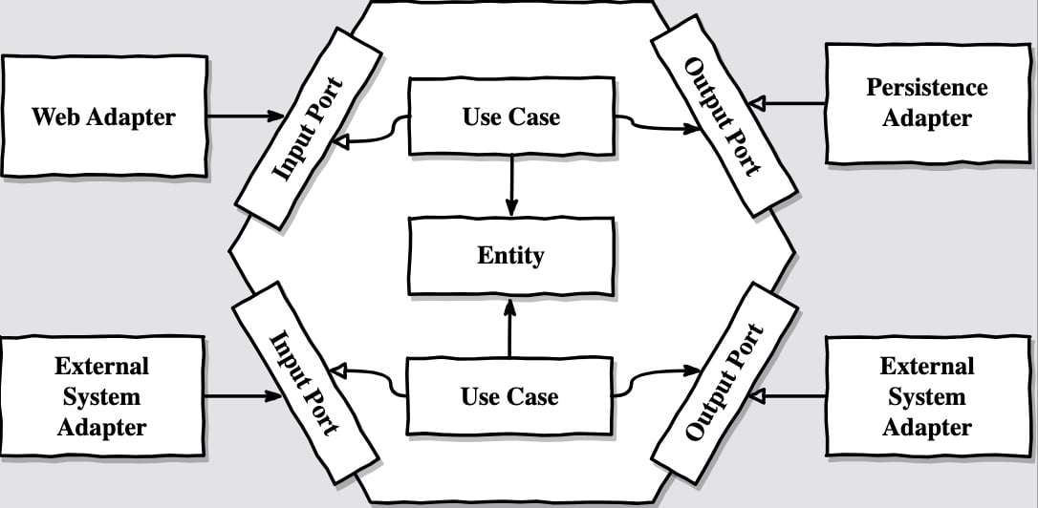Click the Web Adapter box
[104, 116]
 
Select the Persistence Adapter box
[928, 103]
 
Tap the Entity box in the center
[511, 256]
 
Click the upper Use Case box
[511, 116]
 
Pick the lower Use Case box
[509, 396]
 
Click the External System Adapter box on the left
[102, 396]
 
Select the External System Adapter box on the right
[928, 395]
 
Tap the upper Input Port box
[309, 128]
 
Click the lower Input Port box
[306, 382]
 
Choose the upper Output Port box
[724, 116]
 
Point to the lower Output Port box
[724, 382]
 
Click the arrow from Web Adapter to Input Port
[246, 116]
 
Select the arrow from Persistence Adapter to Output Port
[788, 103]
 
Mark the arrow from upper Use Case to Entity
[511, 185]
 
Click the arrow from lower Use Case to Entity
[509, 328]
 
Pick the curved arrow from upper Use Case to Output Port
[656, 124]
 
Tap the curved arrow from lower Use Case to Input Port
[368, 378]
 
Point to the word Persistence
[927, 87]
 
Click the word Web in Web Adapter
[54, 116]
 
